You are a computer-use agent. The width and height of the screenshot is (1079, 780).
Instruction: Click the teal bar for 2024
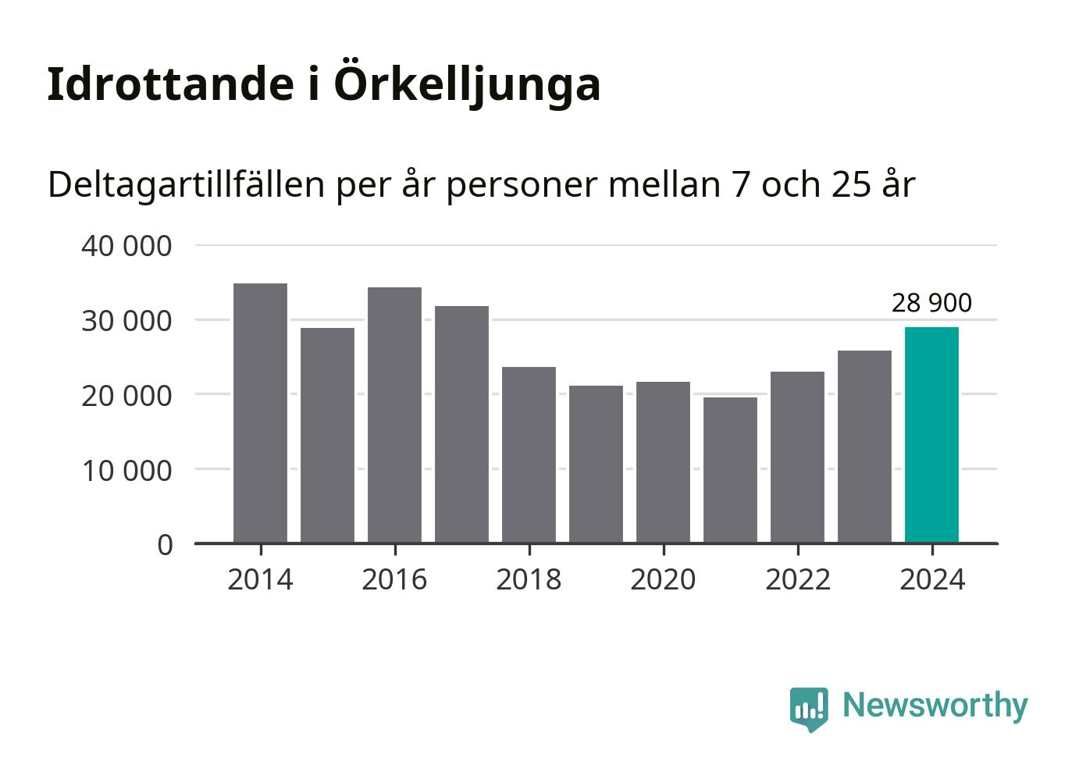click(931, 434)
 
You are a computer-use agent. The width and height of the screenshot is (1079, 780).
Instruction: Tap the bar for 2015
click(327, 435)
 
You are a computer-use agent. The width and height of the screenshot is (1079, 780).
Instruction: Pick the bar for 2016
click(394, 415)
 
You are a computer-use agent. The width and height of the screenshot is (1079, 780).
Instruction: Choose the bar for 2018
click(529, 454)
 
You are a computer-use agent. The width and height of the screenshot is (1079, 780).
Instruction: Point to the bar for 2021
click(730, 469)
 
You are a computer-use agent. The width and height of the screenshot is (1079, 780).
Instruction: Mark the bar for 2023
click(864, 446)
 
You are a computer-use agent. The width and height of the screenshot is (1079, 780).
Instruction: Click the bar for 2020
click(663, 461)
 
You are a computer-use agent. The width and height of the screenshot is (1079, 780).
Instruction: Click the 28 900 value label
click(931, 303)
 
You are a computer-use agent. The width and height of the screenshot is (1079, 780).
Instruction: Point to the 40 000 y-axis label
click(126, 246)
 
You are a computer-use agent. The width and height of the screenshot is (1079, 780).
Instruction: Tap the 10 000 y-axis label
click(126, 471)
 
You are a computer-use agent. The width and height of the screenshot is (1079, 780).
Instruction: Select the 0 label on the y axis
click(165, 545)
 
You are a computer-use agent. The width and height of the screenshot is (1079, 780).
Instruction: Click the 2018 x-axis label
click(529, 580)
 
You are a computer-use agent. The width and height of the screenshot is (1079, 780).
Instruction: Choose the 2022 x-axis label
click(797, 580)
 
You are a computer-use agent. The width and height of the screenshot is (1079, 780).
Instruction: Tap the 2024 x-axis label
click(931, 580)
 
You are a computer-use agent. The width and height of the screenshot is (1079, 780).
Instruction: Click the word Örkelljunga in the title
click(467, 84)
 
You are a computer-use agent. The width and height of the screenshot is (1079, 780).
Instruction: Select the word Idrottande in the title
click(169, 84)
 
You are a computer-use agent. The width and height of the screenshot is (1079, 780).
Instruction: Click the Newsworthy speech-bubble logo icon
click(808, 708)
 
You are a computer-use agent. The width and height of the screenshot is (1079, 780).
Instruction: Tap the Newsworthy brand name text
click(935, 705)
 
